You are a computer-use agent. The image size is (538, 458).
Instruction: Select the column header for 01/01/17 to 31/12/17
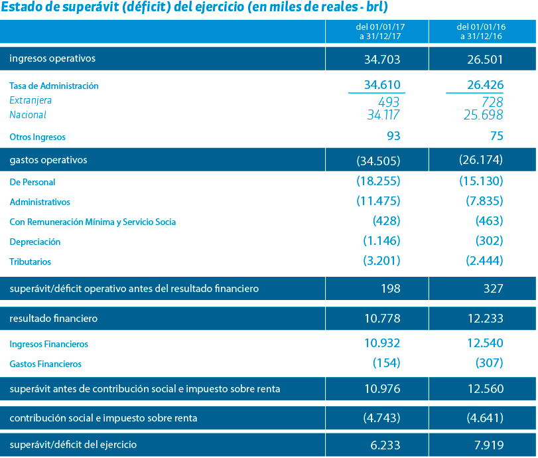pos(380,32)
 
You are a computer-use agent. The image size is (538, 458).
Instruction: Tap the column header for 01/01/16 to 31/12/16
pos(481,32)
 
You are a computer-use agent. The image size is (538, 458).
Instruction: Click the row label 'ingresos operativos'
pos(52,58)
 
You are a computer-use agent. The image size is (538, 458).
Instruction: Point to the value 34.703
pos(382,59)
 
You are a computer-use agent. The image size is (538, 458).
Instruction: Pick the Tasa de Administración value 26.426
pos(485,85)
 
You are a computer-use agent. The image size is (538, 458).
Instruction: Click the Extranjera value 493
pos(389,102)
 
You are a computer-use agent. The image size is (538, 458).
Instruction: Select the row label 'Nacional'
pos(28,115)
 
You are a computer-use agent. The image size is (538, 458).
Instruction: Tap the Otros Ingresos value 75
pos(497,136)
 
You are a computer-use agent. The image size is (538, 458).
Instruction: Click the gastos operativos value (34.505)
pos(378,161)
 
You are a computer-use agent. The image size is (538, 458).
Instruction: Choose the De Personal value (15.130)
pos(482,181)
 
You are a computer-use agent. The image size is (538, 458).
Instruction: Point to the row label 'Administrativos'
pos(40,202)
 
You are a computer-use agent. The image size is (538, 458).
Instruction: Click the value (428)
pos(387,221)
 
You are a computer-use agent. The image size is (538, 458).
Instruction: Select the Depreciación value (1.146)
pos(382,241)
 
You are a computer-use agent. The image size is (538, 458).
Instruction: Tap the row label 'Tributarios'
pos(31,262)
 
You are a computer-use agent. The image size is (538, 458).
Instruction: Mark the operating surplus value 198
pos(391,288)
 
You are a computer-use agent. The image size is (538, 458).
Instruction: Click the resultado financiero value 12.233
pos(486,318)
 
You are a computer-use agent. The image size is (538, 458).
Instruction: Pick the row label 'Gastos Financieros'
pos(46,364)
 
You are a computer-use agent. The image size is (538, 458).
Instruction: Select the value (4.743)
pos(382,418)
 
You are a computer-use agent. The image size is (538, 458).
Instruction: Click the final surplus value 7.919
pos(489,445)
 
